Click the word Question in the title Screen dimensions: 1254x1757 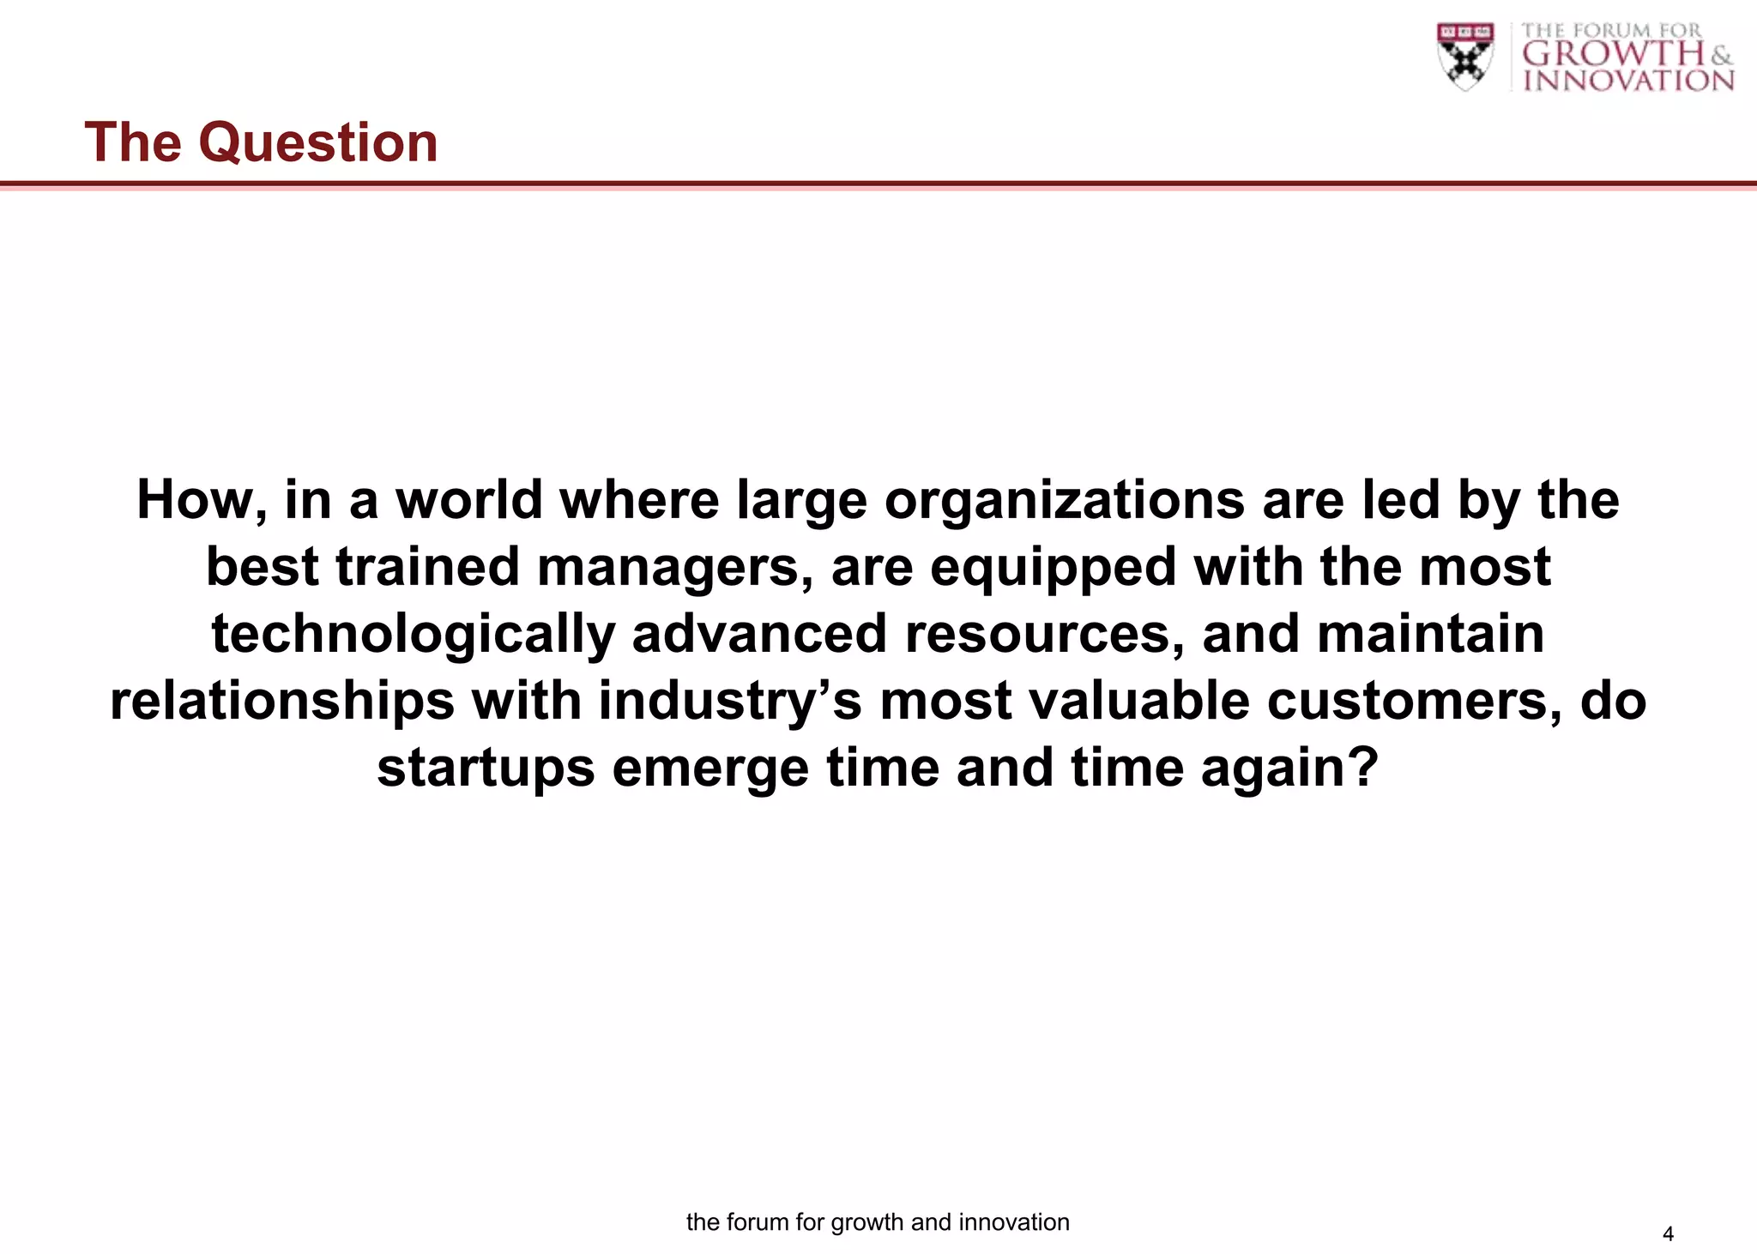tap(318, 142)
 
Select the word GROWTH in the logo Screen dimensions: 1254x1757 tap(1613, 54)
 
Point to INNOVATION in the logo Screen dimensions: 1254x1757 tap(1628, 81)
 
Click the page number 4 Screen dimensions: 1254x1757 tap(1668, 1234)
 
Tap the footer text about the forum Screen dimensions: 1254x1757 tap(878, 1222)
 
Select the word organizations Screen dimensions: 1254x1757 tap(1064, 500)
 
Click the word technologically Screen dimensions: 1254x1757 tap(413, 634)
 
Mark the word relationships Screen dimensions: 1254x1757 tap(282, 701)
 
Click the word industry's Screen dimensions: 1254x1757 tap(730, 701)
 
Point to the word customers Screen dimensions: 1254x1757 tap(1414, 701)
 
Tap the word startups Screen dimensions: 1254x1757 tap(486, 767)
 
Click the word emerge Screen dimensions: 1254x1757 tap(710, 767)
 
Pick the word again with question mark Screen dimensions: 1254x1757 tap(1289, 767)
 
